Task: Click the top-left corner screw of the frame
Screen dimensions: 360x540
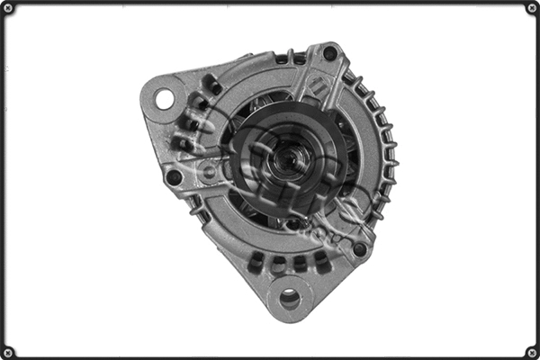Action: (8, 8)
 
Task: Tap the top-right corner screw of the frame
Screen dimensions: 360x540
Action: (532, 8)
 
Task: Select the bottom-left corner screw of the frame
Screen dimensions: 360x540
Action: (8, 352)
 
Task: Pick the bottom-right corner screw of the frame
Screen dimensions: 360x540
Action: (532, 352)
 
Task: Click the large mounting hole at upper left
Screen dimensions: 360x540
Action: (165, 98)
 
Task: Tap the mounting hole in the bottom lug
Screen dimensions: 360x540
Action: (290, 298)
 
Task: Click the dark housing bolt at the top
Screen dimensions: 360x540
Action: (330, 53)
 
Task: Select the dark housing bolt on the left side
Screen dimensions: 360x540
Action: (174, 177)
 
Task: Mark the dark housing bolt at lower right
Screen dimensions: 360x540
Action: (360, 249)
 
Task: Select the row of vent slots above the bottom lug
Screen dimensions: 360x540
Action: (288, 263)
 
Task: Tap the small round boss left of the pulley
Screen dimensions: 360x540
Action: (209, 171)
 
